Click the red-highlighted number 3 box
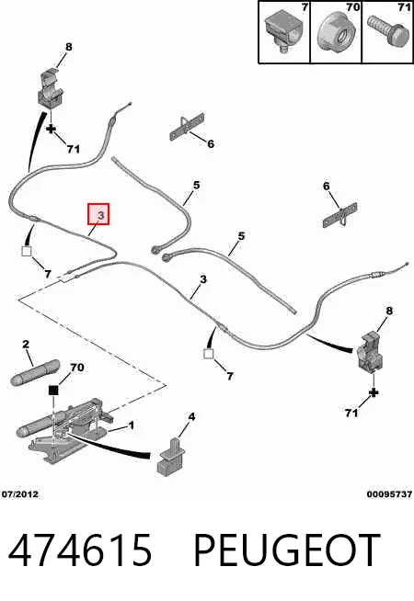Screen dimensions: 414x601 (99, 214)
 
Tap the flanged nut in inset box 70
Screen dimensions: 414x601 (337, 31)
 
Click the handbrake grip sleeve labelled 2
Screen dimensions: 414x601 (35, 372)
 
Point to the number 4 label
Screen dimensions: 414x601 (191, 416)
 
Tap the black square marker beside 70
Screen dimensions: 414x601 (53, 391)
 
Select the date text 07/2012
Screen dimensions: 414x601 (20, 494)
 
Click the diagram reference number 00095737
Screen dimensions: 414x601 (389, 494)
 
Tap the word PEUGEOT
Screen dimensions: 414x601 (287, 550)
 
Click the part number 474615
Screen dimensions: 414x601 (80, 550)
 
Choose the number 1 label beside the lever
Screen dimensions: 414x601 (131, 425)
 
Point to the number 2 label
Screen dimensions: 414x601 (26, 344)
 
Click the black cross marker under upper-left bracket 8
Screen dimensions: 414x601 (51, 129)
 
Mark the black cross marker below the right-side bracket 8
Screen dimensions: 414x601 (373, 393)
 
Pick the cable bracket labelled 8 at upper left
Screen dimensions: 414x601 (51, 89)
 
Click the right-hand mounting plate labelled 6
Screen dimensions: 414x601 (340, 215)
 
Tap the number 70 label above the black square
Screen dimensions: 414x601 (76, 368)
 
